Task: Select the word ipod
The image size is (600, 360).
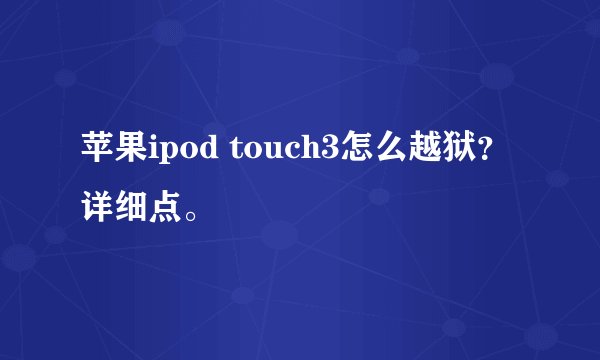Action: pyautogui.click(x=186, y=157)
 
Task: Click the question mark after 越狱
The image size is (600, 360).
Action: pyautogui.click(x=486, y=160)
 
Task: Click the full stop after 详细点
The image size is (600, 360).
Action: pyautogui.click(x=192, y=212)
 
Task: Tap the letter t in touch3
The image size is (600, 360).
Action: pyautogui.click(x=238, y=157)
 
